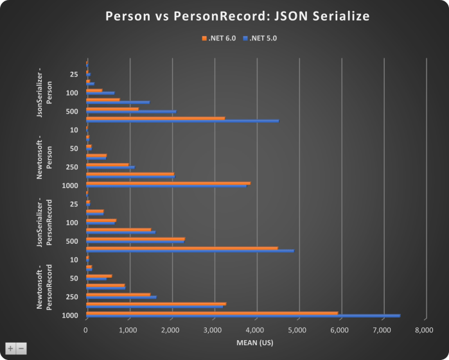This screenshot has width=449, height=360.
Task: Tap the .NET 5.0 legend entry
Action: pos(260,39)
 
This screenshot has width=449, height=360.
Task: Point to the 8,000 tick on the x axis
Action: pos(425,330)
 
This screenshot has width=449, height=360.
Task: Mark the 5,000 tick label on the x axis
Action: pos(297,330)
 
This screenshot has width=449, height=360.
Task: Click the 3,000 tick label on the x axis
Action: pos(213,330)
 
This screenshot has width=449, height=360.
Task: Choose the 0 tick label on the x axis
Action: pos(86,330)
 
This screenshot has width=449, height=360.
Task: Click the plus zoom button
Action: pos(10,348)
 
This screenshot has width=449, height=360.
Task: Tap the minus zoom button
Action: pos(21,348)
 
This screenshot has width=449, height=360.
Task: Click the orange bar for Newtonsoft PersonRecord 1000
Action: pos(212,313)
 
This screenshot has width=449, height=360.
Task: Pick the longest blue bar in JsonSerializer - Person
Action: pos(182,121)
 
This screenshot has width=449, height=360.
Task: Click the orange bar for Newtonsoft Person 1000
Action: pos(168,182)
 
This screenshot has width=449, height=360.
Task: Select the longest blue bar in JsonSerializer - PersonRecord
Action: pos(189,251)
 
